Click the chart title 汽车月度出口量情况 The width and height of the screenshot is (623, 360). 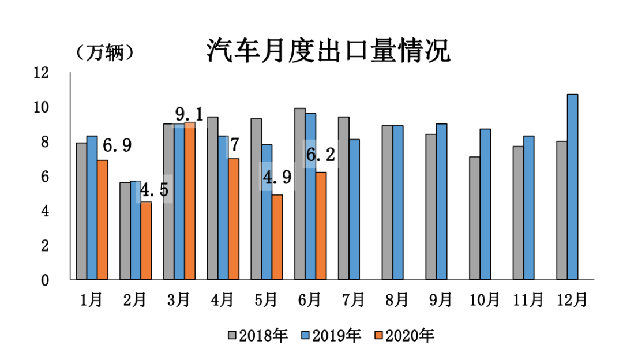328,51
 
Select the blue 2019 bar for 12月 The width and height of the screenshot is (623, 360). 572,187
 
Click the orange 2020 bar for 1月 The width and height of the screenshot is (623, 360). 102,220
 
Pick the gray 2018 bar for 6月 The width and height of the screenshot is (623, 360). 300,194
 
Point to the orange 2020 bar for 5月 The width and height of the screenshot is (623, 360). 277,237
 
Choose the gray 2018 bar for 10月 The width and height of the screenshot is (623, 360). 475,218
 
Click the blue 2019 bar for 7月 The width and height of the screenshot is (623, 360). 354,209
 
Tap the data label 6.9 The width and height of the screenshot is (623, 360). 118,145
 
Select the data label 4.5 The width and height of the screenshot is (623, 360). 155,190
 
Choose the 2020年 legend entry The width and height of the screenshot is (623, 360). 403,336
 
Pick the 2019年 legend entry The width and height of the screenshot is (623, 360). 331,336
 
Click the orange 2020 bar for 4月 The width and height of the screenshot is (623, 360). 234,219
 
